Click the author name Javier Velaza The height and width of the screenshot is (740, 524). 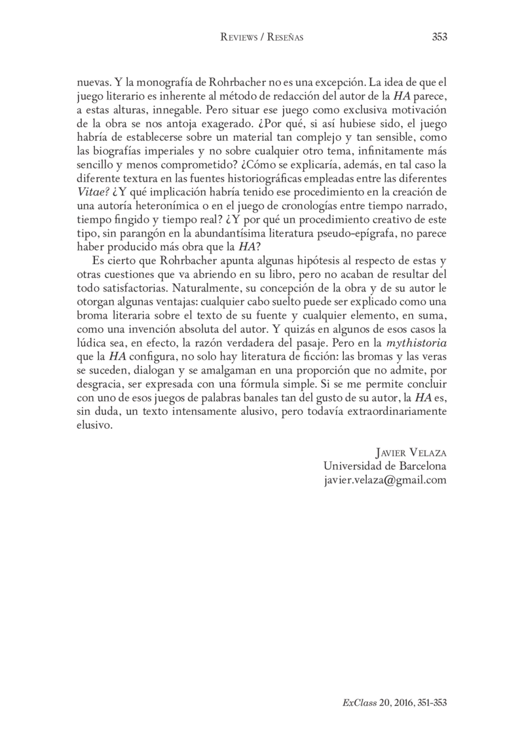(x=410, y=453)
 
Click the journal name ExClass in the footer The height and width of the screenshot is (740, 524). (x=358, y=701)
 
